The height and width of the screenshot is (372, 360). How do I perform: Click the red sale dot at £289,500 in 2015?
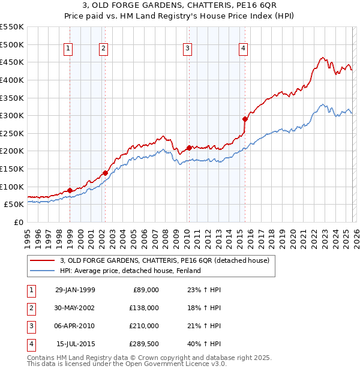click(245, 119)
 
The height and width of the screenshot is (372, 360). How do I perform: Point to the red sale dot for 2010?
click(189, 147)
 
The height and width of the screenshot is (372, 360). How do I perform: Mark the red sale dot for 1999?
click(70, 190)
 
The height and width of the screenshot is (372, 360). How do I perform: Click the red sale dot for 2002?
click(105, 173)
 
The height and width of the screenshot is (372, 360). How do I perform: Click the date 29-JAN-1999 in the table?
click(75, 289)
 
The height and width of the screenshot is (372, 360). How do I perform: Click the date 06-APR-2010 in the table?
click(75, 326)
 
